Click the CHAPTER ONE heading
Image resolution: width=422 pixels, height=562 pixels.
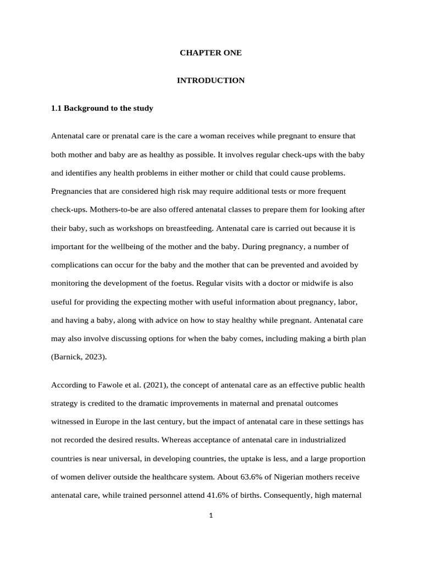pos(210,53)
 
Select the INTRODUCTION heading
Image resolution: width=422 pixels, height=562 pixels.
pos(210,81)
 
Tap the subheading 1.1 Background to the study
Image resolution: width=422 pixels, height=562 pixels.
pos(102,108)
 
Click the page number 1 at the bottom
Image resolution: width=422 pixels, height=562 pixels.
pos(210,515)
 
